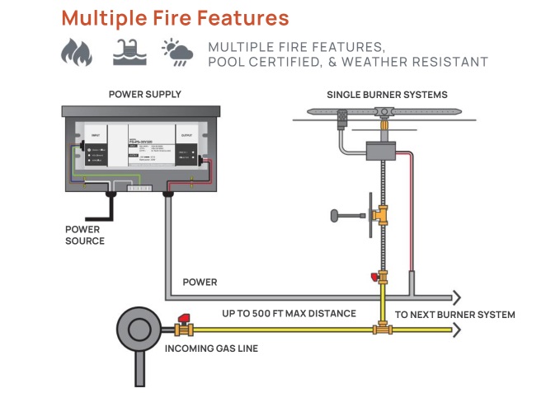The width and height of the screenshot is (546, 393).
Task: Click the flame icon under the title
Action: [76, 53]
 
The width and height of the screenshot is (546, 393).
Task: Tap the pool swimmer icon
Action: [128, 53]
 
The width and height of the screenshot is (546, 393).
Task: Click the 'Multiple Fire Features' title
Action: [175, 17]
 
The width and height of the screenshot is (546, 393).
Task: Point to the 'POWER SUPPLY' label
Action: [144, 95]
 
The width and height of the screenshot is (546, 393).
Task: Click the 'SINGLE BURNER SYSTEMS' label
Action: [387, 95]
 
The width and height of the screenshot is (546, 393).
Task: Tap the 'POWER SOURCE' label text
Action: [85, 235]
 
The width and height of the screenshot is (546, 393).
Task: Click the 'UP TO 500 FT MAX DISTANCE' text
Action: [289, 314]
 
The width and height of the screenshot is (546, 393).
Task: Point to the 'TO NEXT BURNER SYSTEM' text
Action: [454, 315]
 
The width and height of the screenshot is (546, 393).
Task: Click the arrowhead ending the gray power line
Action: [456, 297]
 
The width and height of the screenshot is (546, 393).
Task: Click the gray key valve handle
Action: [337, 217]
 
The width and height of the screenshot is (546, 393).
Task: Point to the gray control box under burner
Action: [380, 154]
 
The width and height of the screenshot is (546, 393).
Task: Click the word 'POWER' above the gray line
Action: [200, 282]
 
